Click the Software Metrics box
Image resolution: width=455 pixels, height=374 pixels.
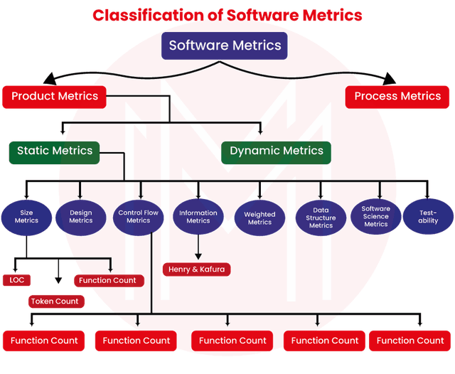point(225,46)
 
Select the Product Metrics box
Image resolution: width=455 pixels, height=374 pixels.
point(54,96)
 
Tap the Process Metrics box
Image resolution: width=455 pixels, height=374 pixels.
point(397,96)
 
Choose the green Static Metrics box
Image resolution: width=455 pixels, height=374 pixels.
point(55,151)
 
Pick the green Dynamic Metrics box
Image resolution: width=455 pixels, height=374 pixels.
point(277,151)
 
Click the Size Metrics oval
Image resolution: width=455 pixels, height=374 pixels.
point(26,216)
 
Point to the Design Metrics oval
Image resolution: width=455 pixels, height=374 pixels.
point(80,216)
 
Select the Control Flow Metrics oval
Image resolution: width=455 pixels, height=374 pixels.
point(139,216)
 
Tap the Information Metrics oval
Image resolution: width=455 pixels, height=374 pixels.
point(198,216)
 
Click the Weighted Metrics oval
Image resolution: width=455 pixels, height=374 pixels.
point(259,218)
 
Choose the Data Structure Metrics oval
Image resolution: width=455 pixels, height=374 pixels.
point(321,218)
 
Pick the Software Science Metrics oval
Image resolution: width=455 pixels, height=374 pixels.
point(375,216)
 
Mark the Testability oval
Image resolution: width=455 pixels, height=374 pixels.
point(429,216)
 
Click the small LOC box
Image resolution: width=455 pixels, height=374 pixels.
point(16,280)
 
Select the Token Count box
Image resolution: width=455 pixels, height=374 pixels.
point(56,301)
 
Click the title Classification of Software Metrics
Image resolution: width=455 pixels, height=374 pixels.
point(227,15)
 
